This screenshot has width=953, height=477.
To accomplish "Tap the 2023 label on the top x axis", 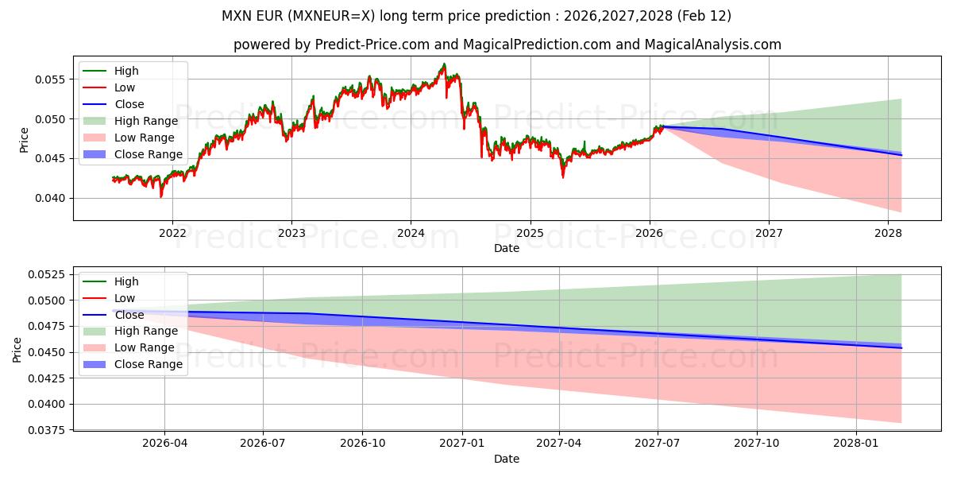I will pyautogui.click(x=291, y=233).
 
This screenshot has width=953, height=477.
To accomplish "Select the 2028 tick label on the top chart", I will pyautogui.click(x=888, y=233).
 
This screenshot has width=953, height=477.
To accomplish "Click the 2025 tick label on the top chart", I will pyautogui.click(x=530, y=233).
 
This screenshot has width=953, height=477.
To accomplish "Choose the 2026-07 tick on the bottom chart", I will pyautogui.click(x=263, y=444).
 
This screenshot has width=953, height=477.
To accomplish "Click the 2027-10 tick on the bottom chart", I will pyautogui.click(x=757, y=444).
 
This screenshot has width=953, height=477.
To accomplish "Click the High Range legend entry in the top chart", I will pyautogui.click(x=146, y=121).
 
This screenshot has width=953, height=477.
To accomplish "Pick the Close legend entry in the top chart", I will pyautogui.click(x=129, y=104).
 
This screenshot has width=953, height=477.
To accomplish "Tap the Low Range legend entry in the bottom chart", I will pyautogui.click(x=145, y=347).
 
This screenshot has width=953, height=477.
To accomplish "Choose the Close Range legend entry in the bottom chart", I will pyautogui.click(x=149, y=364).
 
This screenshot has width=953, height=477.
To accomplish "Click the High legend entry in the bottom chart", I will pyautogui.click(x=126, y=281).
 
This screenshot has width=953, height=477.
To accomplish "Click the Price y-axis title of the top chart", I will pyautogui.click(x=25, y=141).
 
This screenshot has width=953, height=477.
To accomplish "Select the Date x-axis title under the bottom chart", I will pyautogui.click(x=507, y=459).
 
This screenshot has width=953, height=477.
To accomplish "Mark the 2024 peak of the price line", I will pyautogui.click(x=444, y=64).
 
